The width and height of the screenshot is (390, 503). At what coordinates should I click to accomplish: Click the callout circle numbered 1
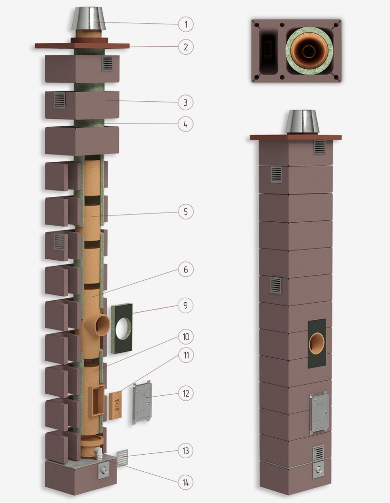click(x=186, y=24)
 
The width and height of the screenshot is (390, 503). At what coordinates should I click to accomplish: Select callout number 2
click(x=186, y=47)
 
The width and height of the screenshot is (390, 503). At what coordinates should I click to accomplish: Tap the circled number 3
click(x=186, y=103)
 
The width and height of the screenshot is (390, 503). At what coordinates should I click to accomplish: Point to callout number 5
click(x=186, y=212)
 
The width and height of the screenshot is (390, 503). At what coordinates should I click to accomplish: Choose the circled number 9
click(x=186, y=306)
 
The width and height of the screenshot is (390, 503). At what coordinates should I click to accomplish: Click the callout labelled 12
click(x=186, y=393)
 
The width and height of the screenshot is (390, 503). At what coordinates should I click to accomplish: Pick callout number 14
click(x=186, y=483)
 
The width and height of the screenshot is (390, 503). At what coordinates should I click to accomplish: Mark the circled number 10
click(x=186, y=337)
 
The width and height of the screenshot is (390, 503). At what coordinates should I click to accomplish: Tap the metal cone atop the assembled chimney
click(x=303, y=122)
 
